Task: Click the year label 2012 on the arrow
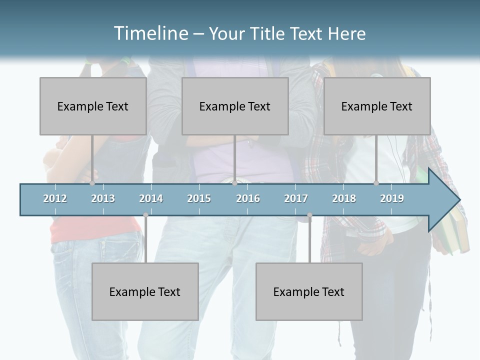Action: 55,198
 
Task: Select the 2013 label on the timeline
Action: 103,198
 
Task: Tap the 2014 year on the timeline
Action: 151,198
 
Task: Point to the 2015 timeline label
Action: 199,198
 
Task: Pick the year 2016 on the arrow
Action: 248,198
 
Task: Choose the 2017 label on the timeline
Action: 296,198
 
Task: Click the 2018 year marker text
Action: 344,198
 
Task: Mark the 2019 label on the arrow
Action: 392,198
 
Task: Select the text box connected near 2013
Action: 93,106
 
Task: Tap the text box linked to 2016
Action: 235,106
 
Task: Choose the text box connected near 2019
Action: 377,106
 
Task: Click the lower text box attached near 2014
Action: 145,291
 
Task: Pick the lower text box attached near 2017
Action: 309,291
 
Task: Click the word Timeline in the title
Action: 150,33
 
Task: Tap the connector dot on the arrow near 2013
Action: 92,183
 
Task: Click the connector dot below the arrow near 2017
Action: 309,215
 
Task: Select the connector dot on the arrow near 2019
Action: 376,183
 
